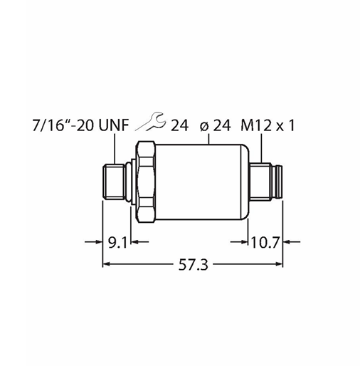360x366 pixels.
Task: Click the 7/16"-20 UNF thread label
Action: point(80,125)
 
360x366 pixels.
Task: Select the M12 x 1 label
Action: point(268,125)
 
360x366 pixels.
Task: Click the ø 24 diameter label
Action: point(215,125)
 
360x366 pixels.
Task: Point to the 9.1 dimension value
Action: point(117,242)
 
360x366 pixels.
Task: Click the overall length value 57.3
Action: point(194,265)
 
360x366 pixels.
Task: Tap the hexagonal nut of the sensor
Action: point(145,182)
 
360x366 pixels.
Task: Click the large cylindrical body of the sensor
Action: point(202,182)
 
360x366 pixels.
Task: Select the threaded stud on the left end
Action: point(114,182)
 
